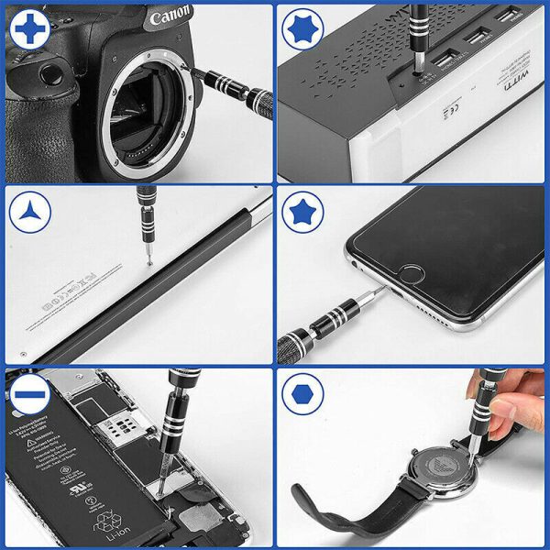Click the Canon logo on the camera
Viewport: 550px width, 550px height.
170,17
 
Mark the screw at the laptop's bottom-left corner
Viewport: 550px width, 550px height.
22,355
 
